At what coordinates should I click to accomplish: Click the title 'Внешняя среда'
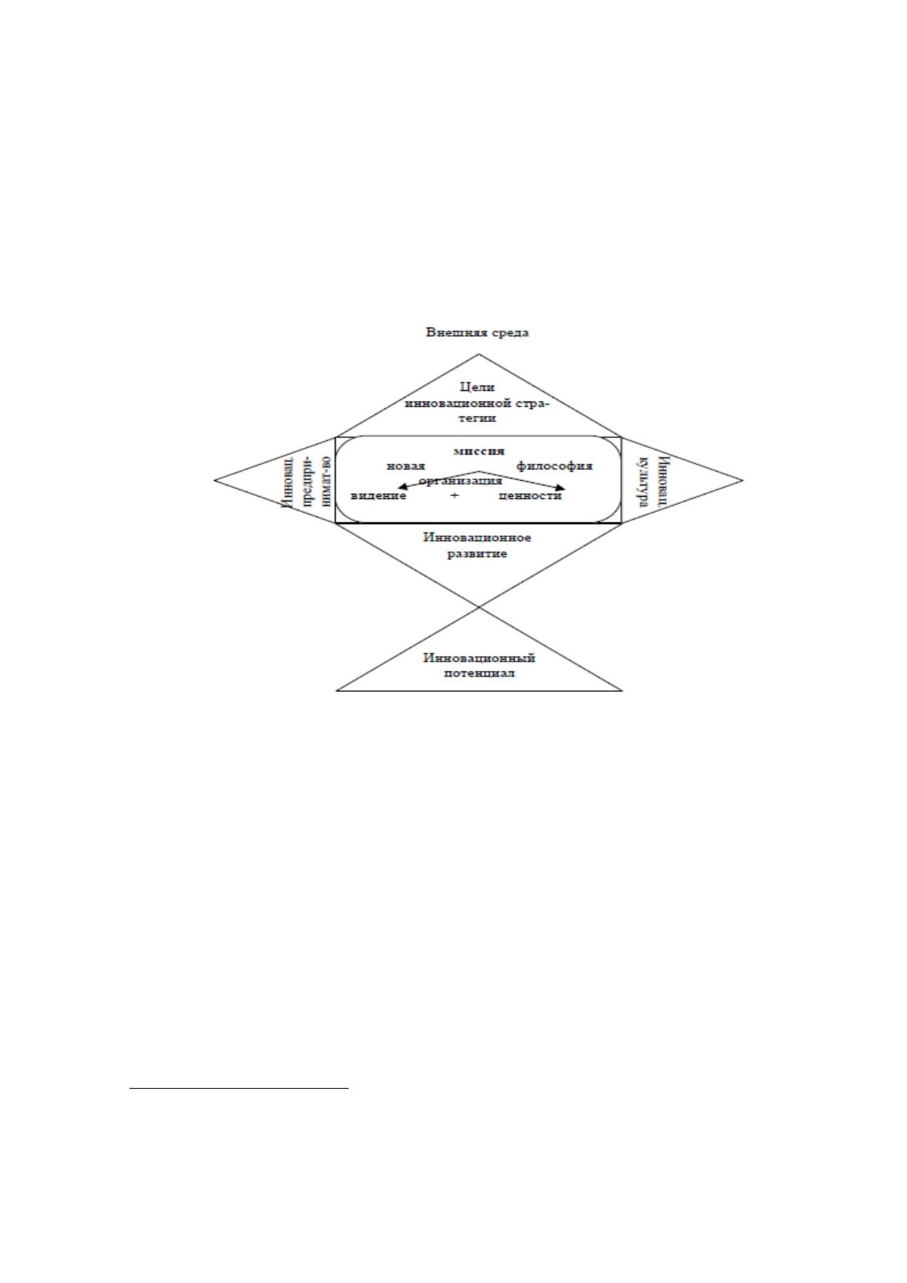pos(477,332)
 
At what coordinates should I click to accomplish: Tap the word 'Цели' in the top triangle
pos(477,388)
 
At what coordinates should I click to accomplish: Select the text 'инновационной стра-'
pos(477,403)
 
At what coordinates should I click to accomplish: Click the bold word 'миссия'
pos(479,451)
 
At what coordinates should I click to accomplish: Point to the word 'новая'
pos(406,466)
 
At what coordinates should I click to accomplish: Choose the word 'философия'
pos(554,466)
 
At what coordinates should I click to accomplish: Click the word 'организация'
pos(461,482)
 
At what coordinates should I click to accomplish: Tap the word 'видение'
pos(378,495)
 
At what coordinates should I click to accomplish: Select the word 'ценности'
pos(530,495)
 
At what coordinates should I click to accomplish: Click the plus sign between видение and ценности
pos(454,496)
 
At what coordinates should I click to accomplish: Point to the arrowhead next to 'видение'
pos(402,486)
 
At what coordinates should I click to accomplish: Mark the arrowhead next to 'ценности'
pos(560,488)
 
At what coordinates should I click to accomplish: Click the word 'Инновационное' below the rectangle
pos(477,538)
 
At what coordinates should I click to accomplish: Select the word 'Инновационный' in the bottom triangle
pos(479,657)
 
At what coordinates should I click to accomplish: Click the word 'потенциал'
pos(480,673)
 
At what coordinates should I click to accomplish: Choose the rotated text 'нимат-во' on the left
pos(324,480)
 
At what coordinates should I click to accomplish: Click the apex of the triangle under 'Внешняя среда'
pos(479,354)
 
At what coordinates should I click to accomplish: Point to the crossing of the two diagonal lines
pos(479,607)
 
